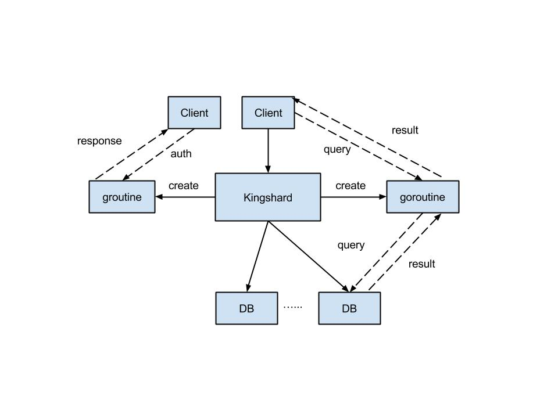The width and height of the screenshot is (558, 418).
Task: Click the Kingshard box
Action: point(267,197)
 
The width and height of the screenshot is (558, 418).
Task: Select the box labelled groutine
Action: point(122,197)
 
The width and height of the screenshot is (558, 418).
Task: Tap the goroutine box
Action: point(423,197)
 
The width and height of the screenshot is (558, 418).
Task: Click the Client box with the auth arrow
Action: point(194,112)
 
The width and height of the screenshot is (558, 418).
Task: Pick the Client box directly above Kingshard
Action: point(268,112)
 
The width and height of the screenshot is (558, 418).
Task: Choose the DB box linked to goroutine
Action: point(349,308)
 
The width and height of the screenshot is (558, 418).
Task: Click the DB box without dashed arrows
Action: point(246,308)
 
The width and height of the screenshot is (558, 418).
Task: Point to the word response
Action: point(99,141)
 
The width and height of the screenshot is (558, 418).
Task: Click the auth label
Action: point(181,153)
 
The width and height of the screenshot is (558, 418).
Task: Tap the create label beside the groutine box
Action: point(184,186)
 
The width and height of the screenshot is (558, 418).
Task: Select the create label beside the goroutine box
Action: point(350,186)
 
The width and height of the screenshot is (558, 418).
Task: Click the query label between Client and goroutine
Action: point(337,150)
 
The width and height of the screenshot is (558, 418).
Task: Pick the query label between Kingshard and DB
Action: point(351,245)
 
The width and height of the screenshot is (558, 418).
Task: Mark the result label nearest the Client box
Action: point(405,130)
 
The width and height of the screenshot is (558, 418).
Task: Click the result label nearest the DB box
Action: point(422,264)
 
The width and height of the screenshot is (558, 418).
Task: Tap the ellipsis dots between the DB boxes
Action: point(293,307)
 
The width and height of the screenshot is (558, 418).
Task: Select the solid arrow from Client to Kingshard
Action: point(268,151)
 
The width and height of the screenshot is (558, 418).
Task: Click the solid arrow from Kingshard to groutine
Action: point(185,197)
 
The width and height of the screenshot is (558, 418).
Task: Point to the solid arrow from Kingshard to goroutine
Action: point(353,197)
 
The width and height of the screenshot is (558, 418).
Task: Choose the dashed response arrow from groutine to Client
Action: point(132,154)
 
